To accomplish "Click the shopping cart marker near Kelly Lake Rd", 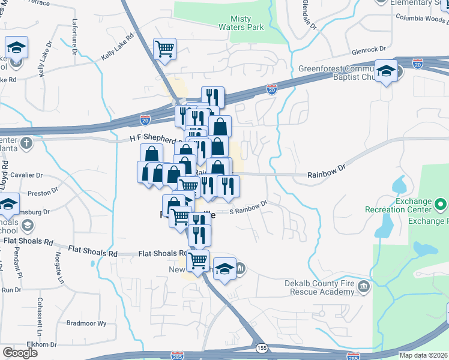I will [x=164, y=49].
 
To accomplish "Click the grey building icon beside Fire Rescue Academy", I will [x=363, y=286].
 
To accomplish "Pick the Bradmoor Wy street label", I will [x=86, y=323].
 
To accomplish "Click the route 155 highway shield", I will [x=262, y=347].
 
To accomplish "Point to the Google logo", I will [x=20, y=353].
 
